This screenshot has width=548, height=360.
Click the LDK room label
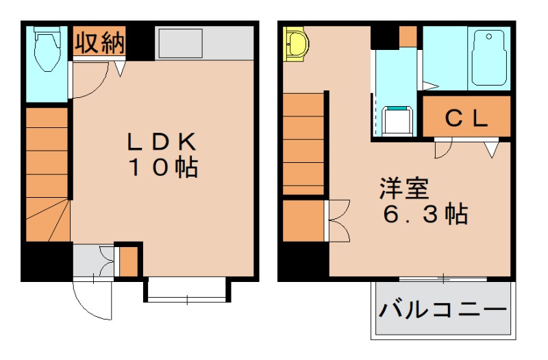pyautogui.click(x=162, y=142)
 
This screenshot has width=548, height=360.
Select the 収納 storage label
pyautogui.click(x=99, y=43)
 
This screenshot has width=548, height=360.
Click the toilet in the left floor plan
pyautogui.click(x=47, y=49)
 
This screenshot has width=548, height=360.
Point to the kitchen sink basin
pyautogui.click(x=179, y=44)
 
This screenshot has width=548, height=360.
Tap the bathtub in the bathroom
pyautogui.click(x=489, y=58)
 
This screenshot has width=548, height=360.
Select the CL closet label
pyautogui.click(x=466, y=118)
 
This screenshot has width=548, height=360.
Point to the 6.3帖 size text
pyautogui.click(x=425, y=215)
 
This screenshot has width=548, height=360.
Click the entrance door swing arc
pyautogui.click(x=91, y=301)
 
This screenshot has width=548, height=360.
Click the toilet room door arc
pyautogui.click(x=88, y=83)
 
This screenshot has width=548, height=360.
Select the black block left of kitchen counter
pyautogui.click(x=141, y=42)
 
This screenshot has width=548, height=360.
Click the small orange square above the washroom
pyautogui.click(x=408, y=36)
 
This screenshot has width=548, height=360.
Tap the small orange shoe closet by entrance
pyautogui.click(x=128, y=261)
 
